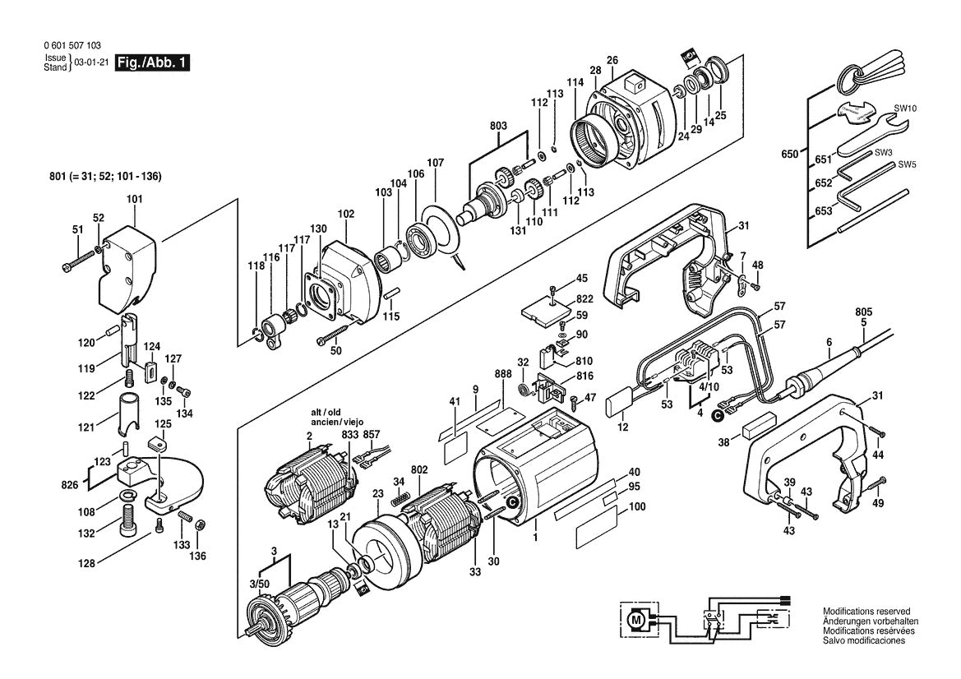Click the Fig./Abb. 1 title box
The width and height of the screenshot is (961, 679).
click(153, 62)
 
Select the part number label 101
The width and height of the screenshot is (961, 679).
click(134, 199)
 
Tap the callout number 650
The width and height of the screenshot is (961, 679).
click(790, 154)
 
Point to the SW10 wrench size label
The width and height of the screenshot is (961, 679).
click(904, 109)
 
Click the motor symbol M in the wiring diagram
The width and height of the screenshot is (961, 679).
click(635, 621)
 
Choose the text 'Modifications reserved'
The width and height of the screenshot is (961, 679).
click(866, 611)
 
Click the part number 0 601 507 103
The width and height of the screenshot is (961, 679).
click(73, 45)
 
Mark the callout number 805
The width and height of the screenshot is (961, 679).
click(863, 312)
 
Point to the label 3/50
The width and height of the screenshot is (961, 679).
click(259, 584)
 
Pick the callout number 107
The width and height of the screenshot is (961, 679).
click(435, 163)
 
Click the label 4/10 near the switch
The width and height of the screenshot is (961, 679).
click(709, 387)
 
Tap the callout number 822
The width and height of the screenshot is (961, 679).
click(584, 299)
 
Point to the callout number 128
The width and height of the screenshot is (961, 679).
click(87, 563)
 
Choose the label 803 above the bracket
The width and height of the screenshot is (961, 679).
click(498, 126)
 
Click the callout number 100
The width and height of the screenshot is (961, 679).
click(637, 507)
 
